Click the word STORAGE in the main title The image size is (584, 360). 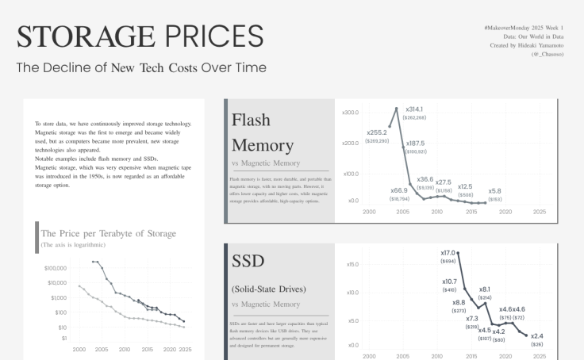pyautogui.click(x=86, y=36)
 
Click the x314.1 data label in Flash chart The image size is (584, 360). pyautogui.click(x=414, y=109)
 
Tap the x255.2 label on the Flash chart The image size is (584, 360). pyautogui.click(x=377, y=132)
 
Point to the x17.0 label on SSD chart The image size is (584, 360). pyautogui.click(x=448, y=252)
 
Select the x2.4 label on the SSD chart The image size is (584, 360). pyautogui.click(x=537, y=336)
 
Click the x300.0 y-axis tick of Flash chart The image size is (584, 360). pyautogui.click(x=350, y=113)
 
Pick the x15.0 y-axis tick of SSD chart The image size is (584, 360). pyautogui.click(x=353, y=265)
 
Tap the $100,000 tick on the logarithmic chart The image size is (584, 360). pyautogui.click(x=56, y=268)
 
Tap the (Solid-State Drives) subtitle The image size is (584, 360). pyautogui.click(x=269, y=289)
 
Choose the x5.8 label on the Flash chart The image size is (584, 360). pyautogui.click(x=494, y=190)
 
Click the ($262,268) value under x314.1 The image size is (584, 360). pyautogui.click(x=414, y=117)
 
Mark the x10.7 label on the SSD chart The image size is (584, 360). pyautogui.click(x=449, y=281)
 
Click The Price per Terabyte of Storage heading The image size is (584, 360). pyautogui.click(x=108, y=233)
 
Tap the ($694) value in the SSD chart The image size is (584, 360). pyautogui.click(x=448, y=261)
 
